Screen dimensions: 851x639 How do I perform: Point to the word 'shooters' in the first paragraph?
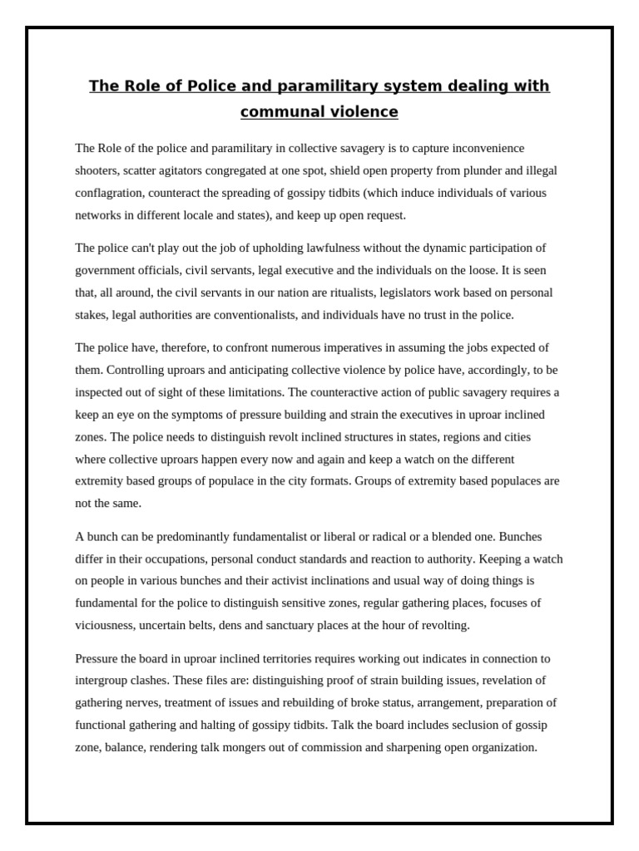(x=99, y=170)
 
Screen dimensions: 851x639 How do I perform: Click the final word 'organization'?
(x=499, y=747)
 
